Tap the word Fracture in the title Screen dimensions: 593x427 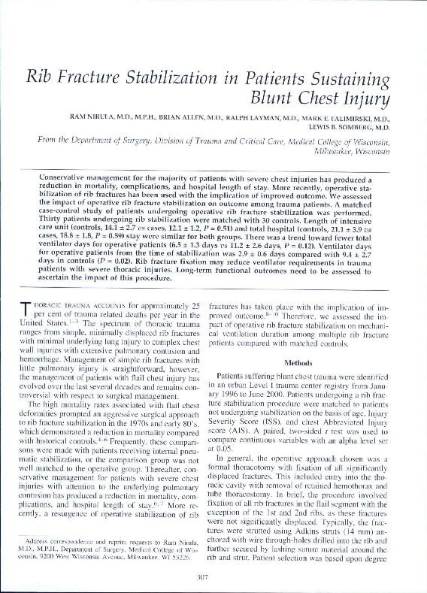[x=98, y=77]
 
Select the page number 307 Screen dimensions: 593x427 [x=212, y=577]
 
